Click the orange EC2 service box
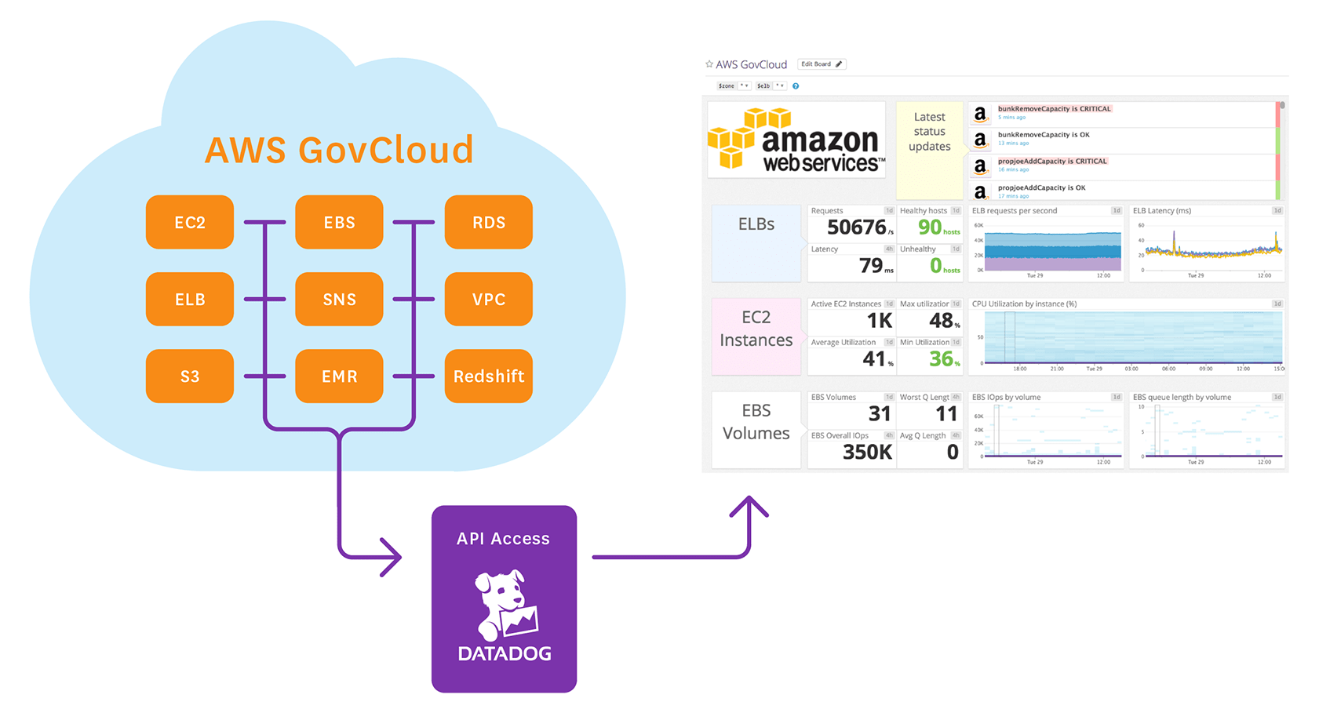(x=190, y=222)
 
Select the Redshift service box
(x=488, y=376)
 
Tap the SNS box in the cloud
(x=339, y=299)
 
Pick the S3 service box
(x=190, y=376)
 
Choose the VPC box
(x=488, y=299)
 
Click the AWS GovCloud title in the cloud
(x=339, y=150)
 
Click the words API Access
(x=503, y=539)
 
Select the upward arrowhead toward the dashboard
(x=749, y=506)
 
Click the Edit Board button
(x=821, y=64)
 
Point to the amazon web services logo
(x=796, y=140)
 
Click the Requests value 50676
(x=857, y=227)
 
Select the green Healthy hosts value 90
(x=930, y=227)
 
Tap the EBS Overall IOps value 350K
(x=867, y=453)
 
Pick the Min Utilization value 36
(x=941, y=359)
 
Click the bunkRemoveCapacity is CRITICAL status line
(x=1054, y=109)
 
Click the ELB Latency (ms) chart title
(x=1162, y=211)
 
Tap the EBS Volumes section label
(x=756, y=422)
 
